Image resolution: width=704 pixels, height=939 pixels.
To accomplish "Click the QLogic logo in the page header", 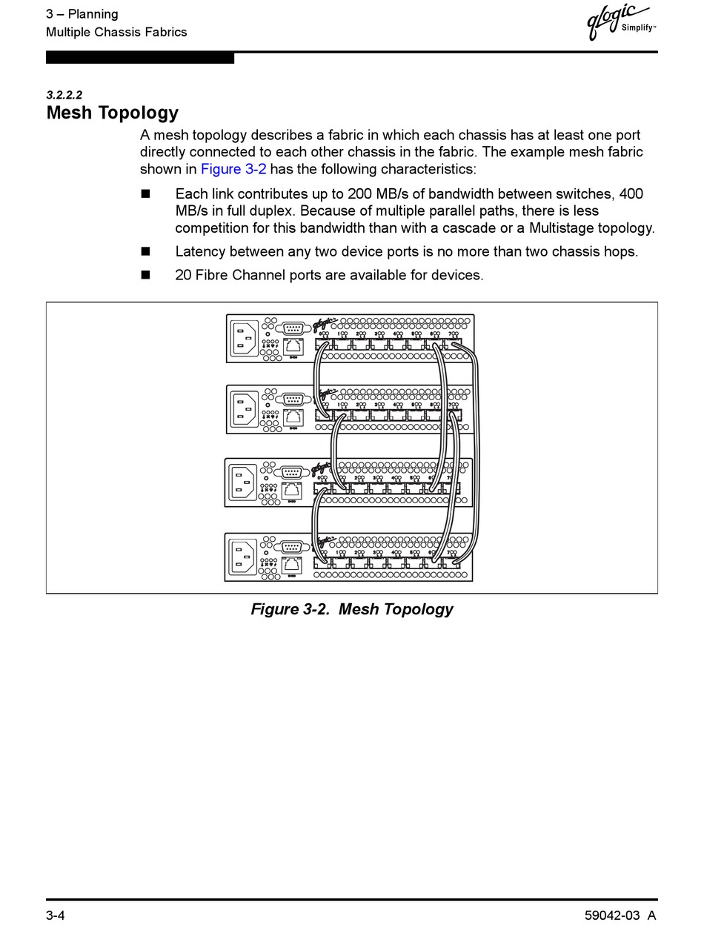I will point(619,21).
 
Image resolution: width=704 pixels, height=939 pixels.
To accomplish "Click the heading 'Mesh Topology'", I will point(113,113).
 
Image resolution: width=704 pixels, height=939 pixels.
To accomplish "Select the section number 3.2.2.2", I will point(64,95).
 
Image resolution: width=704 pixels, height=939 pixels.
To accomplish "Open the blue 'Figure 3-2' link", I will point(233,169).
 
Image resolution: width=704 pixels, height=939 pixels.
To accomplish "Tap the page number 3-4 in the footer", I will point(56,915).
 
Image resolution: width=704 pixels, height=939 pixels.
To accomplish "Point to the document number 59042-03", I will point(612,915).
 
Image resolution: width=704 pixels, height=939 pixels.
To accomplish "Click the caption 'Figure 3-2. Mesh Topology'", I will point(352,609).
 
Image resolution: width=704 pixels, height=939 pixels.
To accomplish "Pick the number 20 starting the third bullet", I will point(183,275).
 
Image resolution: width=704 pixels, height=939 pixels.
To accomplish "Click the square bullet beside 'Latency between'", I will point(145,251).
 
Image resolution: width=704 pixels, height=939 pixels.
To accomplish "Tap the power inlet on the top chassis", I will point(244,339).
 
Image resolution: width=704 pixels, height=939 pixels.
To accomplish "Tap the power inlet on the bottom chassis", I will point(242,557).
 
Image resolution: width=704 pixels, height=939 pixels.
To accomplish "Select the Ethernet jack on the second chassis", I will point(293,417).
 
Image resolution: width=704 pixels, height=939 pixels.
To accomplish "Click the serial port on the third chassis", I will point(292,472).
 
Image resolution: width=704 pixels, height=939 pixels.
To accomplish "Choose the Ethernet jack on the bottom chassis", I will point(292,565).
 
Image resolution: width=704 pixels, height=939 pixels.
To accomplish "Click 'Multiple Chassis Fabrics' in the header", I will point(116,32).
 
